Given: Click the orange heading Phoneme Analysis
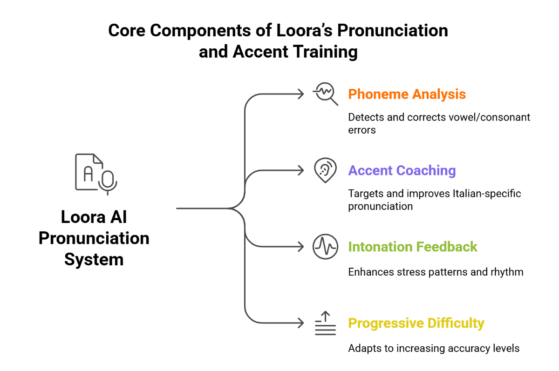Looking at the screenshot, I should coord(407,94).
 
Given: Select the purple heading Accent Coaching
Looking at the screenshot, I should coord(402,170).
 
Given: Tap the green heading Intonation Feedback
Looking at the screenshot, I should coord(413,246).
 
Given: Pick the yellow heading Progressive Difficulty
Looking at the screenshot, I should coord(416,323).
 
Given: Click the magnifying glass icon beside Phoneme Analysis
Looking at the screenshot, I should coord(325,94).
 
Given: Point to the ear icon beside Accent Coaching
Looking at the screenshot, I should coord(325,170).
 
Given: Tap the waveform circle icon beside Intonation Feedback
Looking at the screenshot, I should coord(325,247).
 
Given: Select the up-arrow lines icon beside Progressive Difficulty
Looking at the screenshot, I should coord(325,323).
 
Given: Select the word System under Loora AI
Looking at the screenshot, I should coord(94,259).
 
